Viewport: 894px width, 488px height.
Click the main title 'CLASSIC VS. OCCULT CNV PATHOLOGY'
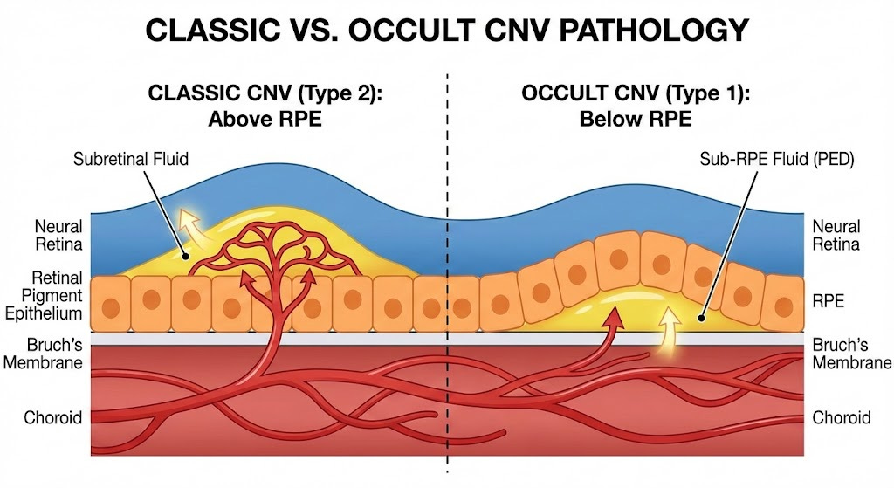pyautogui.click(x=447, y=31)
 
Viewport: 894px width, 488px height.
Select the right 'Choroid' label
pyautogui.click(x=842, y=417)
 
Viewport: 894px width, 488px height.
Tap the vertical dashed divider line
pyautogui.click(x=448, y=262)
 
